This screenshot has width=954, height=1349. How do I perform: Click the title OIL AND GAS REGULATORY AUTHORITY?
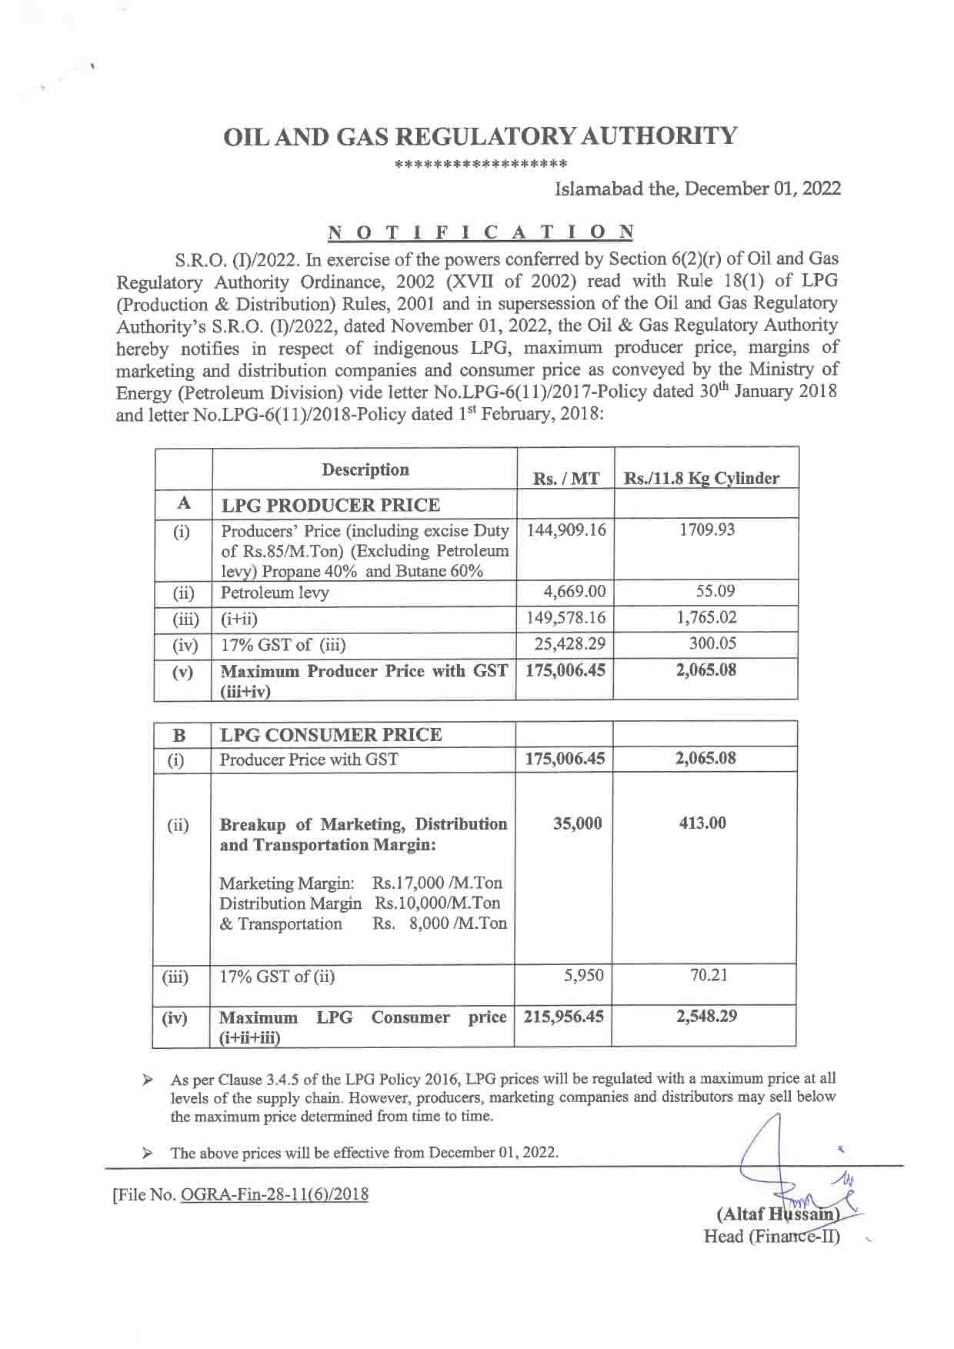click(x=479, y=137)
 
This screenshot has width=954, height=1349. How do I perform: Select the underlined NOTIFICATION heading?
click(x=481, y=232)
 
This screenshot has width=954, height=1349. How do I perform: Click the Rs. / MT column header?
click(x=565, y=479)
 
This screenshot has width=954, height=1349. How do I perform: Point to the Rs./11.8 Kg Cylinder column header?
click(x=702, y=479)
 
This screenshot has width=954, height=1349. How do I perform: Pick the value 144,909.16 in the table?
click(x=565, y=530)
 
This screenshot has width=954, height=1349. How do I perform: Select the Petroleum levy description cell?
click(x=275, y=593)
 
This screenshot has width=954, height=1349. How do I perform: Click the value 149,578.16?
click(x=565, y=617)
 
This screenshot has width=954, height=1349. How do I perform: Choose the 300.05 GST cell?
click(x=713, y=643)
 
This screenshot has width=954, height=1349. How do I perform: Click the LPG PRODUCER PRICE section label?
click(x=330, y=506)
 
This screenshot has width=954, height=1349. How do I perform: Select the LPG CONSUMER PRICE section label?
click(x=331, y=734)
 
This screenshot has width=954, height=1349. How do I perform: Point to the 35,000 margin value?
click(x=577, y=823)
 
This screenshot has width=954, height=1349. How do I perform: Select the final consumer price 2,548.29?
click(x=706, y=1016)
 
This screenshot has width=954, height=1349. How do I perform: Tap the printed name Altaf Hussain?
click(x=776, y=1215)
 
